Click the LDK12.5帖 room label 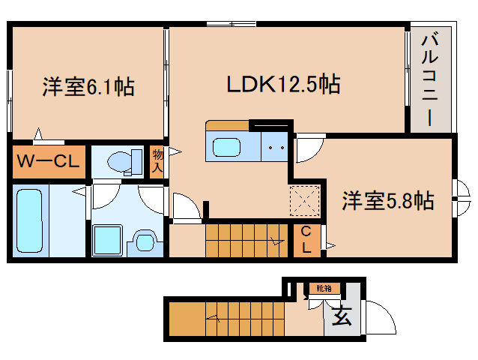(283, 84)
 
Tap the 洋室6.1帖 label (88, 87)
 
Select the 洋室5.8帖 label (388, 200)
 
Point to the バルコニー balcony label (430, 80)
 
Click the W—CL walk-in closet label (48, 161)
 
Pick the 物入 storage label (157, 161)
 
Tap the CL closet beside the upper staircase (306, 240)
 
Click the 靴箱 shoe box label (324, 288)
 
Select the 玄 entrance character (342, 316)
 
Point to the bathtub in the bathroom (29, 220)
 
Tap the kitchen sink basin (226, 147)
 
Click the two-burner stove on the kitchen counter (274, 147)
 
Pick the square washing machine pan (107, 240)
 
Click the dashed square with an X (304, 201)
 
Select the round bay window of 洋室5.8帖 (463, 198)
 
